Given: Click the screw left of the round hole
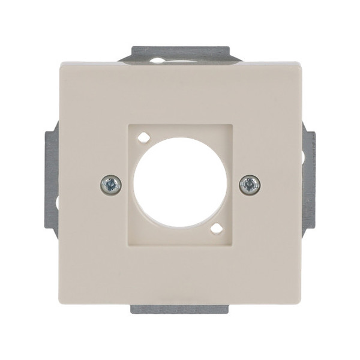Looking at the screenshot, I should click(x=111, y=184).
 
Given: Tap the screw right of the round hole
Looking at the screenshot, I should click(x=249, y=184).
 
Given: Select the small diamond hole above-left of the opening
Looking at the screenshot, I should click(x=142, y=137).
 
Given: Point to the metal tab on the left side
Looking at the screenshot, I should click(x=52, y=180).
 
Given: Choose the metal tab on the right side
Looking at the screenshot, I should click(x=308, y=180).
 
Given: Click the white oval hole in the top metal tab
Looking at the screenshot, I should click(x=157, y=60).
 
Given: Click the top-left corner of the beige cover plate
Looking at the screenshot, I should click(x=61, y=62).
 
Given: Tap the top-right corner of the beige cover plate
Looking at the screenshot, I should click(x=301, y=62).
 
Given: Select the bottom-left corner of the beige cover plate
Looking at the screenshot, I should click(x=61, y=302).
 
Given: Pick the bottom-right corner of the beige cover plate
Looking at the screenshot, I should click(x=301, y=302).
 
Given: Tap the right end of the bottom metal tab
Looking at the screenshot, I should click(x=230, y=308).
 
